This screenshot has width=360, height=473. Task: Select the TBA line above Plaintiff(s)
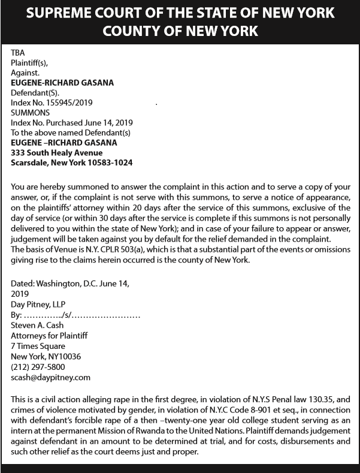point(18,53)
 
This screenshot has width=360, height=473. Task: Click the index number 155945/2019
point(68,103)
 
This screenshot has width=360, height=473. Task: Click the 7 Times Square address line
point(38,346)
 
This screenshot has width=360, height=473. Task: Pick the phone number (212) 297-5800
point(38,367)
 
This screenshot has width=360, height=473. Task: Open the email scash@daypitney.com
point(51,377)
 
